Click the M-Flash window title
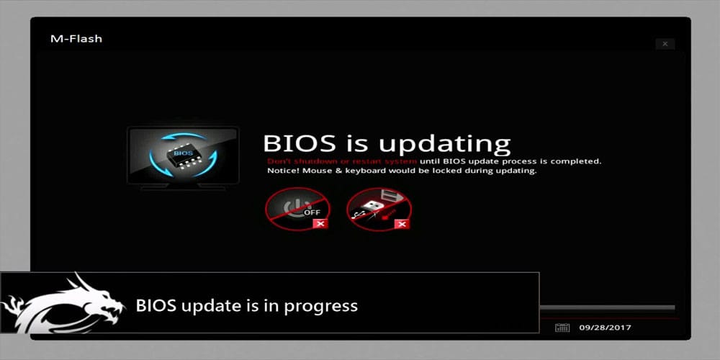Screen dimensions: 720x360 tap(76, 39)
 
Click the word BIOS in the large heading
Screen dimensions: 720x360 tap(300, 143)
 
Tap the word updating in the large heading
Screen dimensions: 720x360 tap(444, 145)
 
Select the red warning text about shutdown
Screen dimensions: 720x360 tap(342, 161)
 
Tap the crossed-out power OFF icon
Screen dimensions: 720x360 tap(297, 209)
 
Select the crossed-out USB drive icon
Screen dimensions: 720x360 tap(379, 209)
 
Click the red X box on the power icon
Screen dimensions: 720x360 tap(320, 224)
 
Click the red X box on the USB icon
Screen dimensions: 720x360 tap(402, 224)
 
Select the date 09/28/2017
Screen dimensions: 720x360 tap(605, 328)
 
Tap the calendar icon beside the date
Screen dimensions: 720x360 tap(562, 328)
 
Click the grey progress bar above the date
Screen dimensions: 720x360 tap(607, 307)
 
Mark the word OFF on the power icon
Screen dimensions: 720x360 tap(312, 212)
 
